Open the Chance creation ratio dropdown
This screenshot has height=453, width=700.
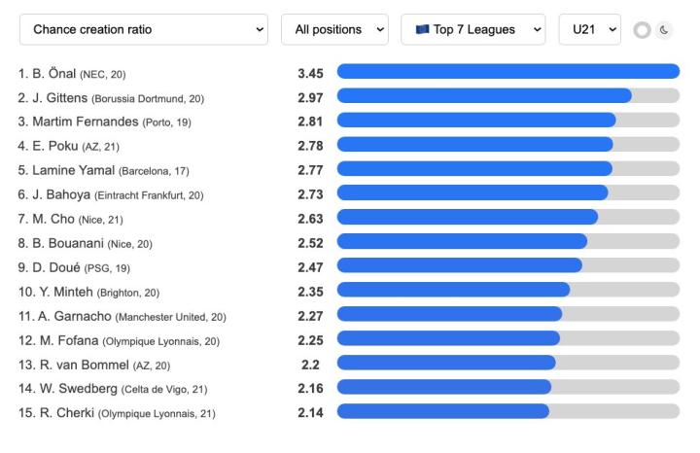(143, 29)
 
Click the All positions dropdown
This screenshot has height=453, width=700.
(334, 29)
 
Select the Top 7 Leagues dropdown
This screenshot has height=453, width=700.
(472, 29)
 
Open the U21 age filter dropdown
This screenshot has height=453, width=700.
(589, 29)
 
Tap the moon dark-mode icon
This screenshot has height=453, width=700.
(665, 30)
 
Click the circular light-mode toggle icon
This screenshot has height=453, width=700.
(642, 30)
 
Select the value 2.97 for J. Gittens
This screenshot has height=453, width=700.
(310, 96)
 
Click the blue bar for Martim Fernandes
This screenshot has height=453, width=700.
(476, 120)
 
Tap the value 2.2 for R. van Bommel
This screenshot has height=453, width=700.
(310, 364)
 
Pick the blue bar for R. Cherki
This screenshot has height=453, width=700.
(442, 411)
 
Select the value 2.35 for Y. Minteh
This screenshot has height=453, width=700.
(310, 291)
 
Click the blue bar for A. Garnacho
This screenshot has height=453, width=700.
(449, 314)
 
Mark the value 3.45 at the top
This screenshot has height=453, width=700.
(310, 72)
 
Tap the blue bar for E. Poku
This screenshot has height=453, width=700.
(474, 144)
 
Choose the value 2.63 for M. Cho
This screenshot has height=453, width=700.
(310, 218)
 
